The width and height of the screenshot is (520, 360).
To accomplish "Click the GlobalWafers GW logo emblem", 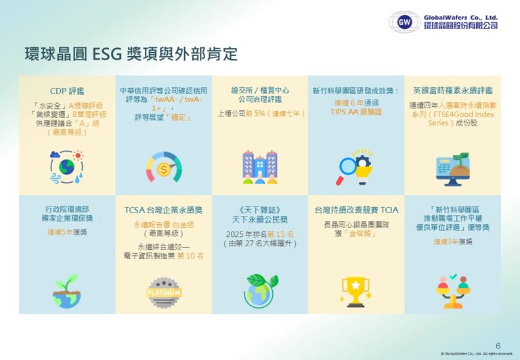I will coord(405,22).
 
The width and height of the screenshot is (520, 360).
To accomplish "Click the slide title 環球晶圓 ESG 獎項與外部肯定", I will coord(131,54).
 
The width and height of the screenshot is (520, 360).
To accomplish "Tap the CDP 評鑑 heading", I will coord(67,90).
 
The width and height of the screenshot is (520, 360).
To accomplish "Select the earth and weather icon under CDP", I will coord(66,166).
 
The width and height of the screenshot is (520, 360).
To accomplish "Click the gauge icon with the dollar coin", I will coord(163,167).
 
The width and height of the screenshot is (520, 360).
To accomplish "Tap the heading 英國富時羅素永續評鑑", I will coord(452,90).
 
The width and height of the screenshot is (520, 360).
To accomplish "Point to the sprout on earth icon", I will coord(66,289).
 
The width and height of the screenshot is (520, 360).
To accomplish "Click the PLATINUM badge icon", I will coord(163,291).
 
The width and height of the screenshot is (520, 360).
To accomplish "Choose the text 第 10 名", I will coord(190,256).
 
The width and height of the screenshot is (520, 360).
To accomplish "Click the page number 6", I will coord(498,344).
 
